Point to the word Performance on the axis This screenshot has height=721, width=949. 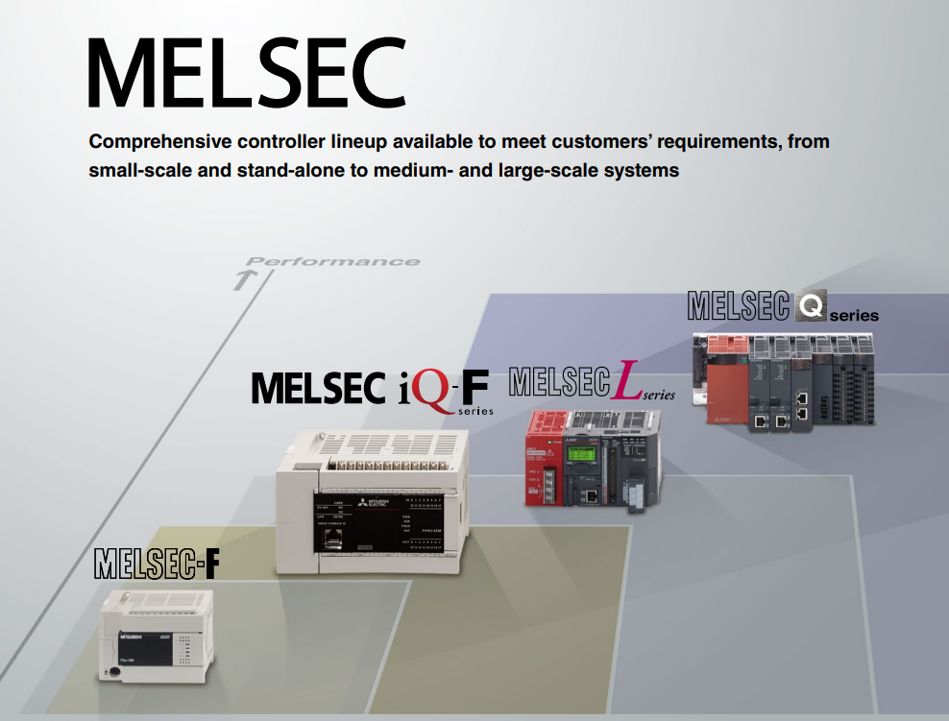(332, 261)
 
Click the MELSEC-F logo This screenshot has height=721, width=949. (157, 564)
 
